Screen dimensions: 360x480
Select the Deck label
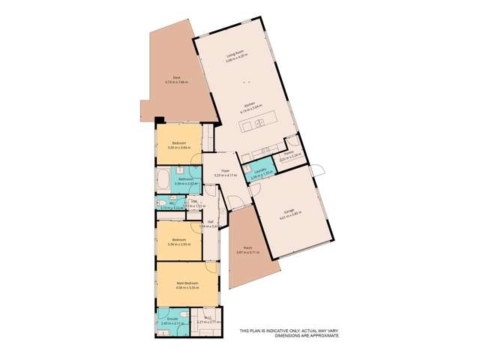pos(177,77)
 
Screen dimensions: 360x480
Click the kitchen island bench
pos(259,122)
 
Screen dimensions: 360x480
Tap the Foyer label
pos(225,171)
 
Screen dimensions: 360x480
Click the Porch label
pos(247,249)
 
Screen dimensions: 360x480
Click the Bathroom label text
pos(184,178)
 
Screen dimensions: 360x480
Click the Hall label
pos(211,221)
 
